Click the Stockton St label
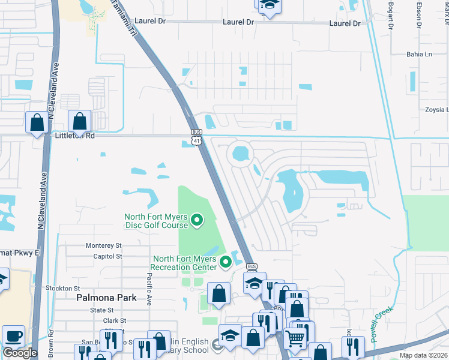pos(63,289)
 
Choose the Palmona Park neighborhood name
pos(106,298)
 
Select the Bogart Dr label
pos(390,16)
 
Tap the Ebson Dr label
pos(419,16)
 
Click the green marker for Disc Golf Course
pos(198,224)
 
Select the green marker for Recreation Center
pos(226,262)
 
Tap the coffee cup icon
pos(13,336)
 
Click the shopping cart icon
pos(295,338)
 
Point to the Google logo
pos(20,353)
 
